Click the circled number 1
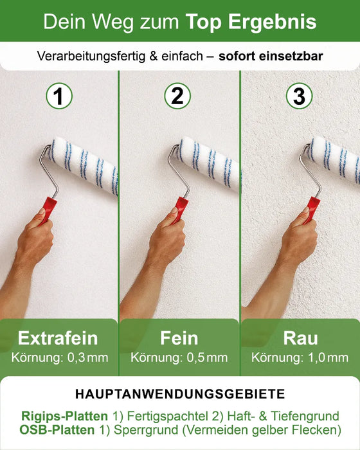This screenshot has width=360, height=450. click(59, 96)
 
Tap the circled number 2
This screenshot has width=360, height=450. click(178, 96)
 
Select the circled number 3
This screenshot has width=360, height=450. click(298, 96)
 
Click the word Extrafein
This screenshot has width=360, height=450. click(58, 338)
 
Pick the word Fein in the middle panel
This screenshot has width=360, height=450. click(179, 338)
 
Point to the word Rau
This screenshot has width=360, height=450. click(300, 338)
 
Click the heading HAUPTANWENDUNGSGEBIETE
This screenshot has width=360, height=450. click(180, 393)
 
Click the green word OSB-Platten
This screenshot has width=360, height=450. click(58, 430)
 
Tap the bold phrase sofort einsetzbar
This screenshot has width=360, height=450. click(271, 57)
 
